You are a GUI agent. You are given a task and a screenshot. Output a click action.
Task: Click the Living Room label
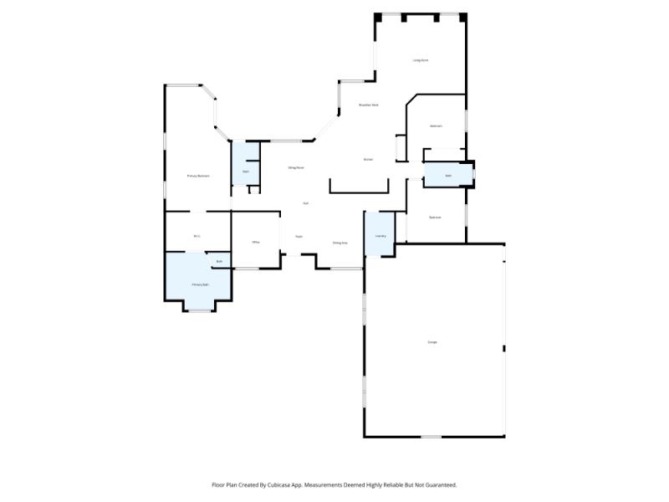[x=420, y=60]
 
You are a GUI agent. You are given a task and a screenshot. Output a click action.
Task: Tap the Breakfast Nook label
[x=369, y=105]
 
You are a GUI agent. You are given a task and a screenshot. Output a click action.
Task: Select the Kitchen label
[x=368, y=159]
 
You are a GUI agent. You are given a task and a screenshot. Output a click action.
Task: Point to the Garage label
[x=432, y=342]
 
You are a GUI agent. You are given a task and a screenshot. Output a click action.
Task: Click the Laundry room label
[x=380, y=236]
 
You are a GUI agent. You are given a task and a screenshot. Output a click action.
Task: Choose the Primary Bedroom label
[x=198, y=176]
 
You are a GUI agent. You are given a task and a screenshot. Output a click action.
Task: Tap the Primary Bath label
[x=200, y=284]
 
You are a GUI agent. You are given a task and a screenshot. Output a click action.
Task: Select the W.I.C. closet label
[x=197, y=236]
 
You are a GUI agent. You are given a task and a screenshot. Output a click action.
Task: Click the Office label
[x=256, y=242]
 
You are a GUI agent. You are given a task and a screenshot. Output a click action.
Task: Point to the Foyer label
[x=298, y=237]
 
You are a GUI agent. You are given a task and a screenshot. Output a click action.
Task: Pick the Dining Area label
[x=340, y=243]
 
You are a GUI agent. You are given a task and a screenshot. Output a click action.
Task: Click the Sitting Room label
[x=295, y=167]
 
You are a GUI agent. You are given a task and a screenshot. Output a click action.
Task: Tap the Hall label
[x=306, y=203]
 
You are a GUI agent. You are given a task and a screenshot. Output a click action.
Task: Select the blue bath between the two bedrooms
[x=448, y=176]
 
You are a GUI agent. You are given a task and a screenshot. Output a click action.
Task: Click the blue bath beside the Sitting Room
[x=246, y=172]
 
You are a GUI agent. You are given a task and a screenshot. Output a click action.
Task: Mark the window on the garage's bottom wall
[x=431, y=437]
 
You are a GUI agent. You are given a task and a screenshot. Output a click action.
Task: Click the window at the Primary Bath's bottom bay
[x=199, y=311]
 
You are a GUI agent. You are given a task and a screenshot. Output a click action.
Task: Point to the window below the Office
[x=246, y=269]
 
